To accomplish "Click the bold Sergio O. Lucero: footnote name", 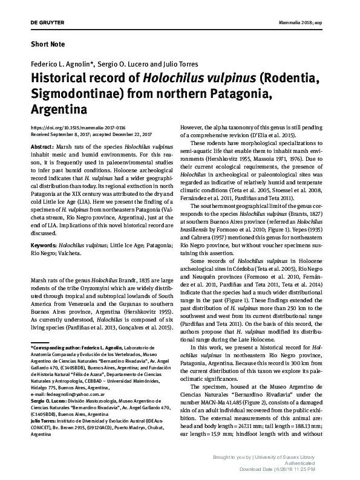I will [x=49, y=400].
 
